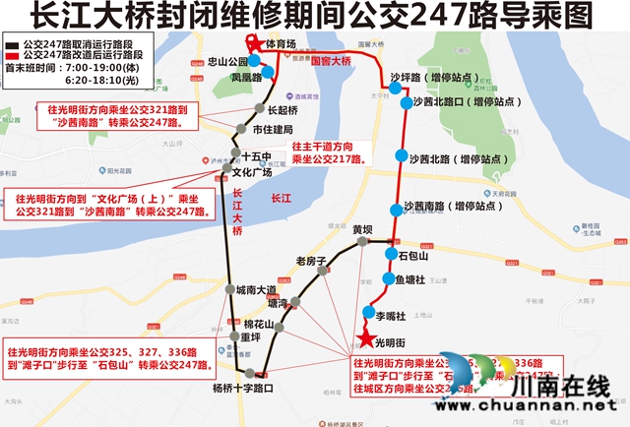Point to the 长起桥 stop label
tap(282, 109)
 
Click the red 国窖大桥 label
tap(331, 61)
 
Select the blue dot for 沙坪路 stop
tap(396, 88)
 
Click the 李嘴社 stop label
tap(392, 315)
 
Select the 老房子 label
tap(310, 261)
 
